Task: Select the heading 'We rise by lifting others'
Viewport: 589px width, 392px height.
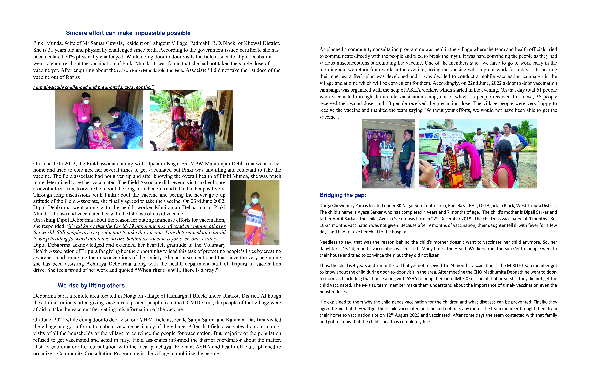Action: pyautogui.click(x=91, y=286)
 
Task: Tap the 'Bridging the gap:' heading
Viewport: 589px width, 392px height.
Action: pyautogui.click(x=343, y=195)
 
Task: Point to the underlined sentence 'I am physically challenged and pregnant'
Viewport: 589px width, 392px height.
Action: pyautogui.click(x=93, y=87)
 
